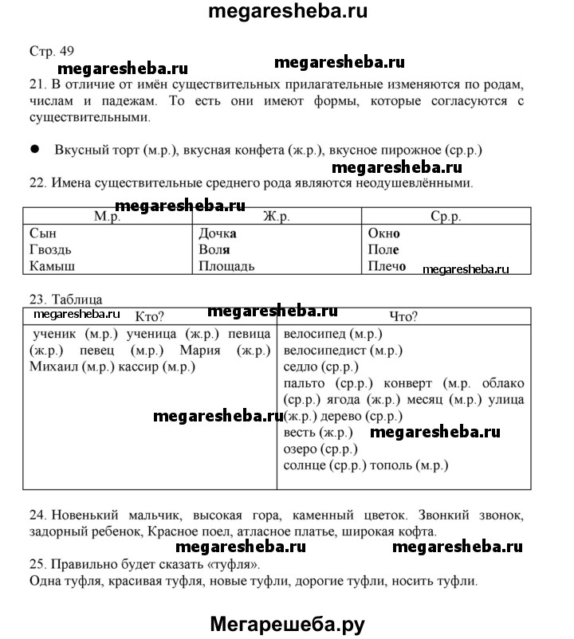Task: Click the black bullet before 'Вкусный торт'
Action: coord(34,149)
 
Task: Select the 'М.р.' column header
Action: coord(107,217)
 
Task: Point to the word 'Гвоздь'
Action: coord(49,249)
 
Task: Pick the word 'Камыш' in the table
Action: coord(51,266)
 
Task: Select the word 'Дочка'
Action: coord(219,233)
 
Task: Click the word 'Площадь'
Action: coord(227,266)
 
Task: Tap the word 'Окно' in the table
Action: coord(384,233)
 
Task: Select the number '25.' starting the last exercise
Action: coord(36,565)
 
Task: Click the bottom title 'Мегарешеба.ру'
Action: coord(286,625)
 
